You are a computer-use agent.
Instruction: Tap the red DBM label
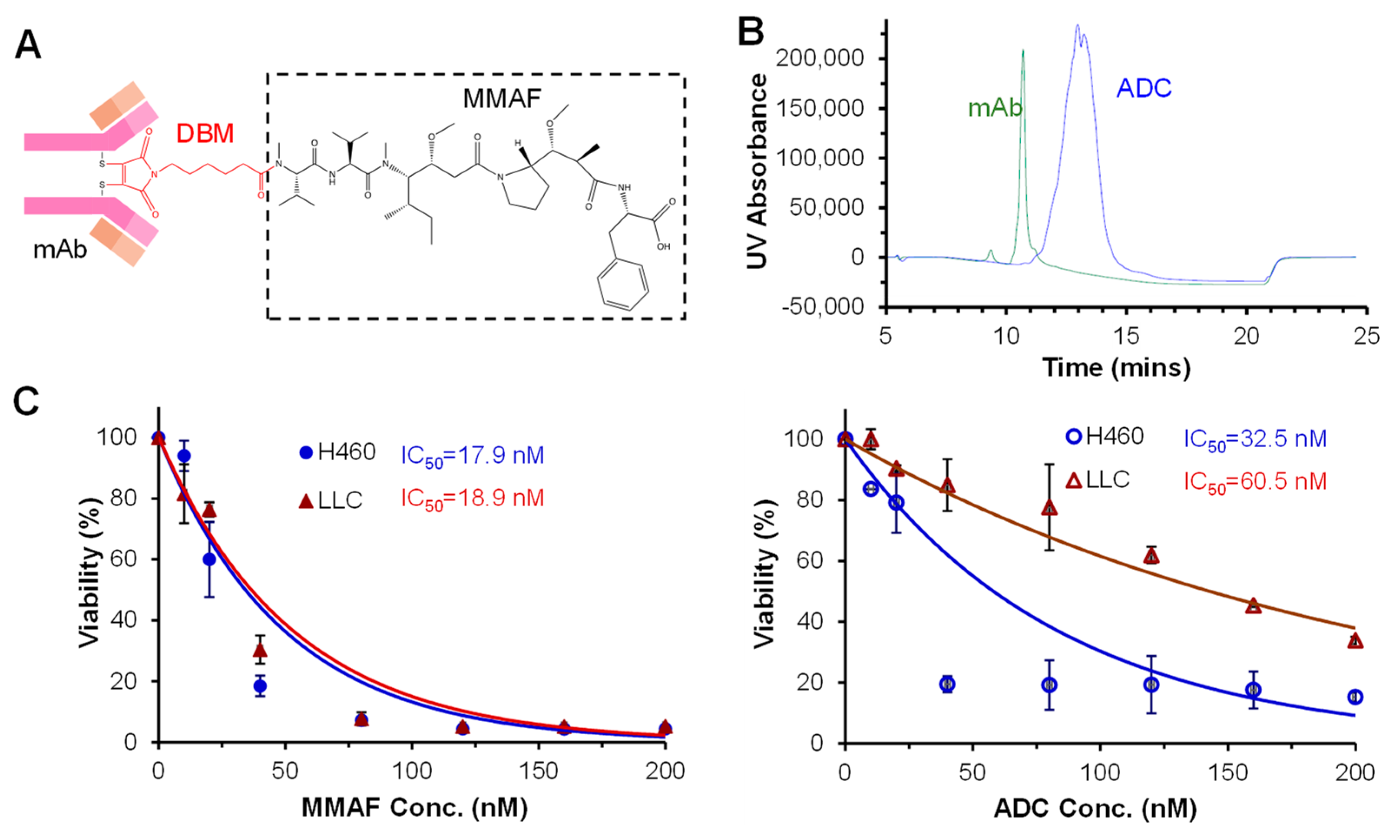[205, 133]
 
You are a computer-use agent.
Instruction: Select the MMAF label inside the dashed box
[501, 99]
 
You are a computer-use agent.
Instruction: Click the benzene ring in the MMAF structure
[622, 286]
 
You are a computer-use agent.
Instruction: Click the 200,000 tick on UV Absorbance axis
[820, 58]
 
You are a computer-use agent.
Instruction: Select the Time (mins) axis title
[1116, 368]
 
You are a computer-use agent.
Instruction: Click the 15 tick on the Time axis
[1126, 337]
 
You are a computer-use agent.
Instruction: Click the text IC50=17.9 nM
[472, 455]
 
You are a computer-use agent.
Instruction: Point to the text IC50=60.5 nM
[1255, 482]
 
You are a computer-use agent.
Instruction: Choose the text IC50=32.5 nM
[1255, 439]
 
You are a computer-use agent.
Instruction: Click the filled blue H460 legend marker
[306, 452]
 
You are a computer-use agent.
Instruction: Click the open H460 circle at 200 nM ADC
[1355, 697]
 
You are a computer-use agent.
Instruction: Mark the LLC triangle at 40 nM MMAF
[260, 650]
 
